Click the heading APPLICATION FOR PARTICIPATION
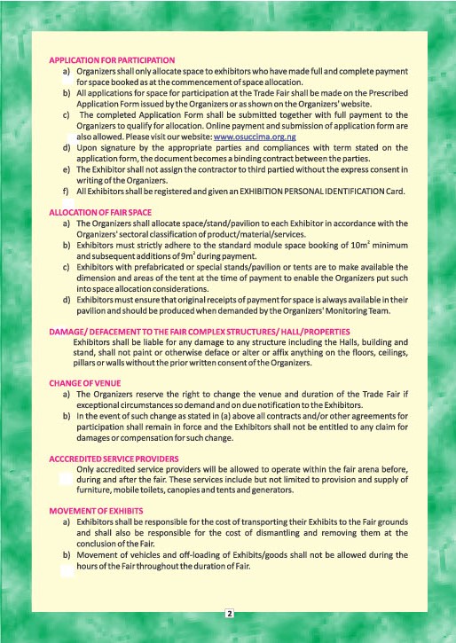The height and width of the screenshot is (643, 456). point(112,59)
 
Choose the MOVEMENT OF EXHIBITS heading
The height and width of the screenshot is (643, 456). point(96,512)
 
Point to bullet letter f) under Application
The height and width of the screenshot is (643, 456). point(67,191)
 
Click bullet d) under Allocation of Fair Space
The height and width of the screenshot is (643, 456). point(67,298)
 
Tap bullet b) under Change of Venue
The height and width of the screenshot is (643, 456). point(67,415)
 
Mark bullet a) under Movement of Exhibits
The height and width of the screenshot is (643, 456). point(67,523)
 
